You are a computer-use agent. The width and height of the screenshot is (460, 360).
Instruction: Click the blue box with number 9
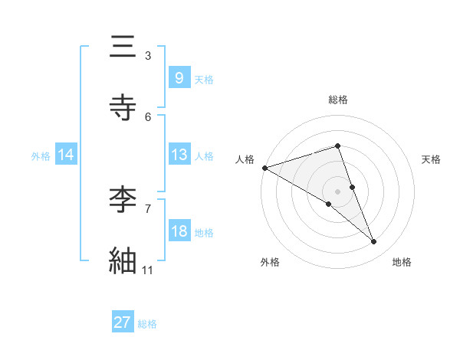[179, 77]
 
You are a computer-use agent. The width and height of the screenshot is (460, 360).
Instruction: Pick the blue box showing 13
[179, 154]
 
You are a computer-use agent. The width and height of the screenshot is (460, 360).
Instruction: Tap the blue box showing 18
[179, 231]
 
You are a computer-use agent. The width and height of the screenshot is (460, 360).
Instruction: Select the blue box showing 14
[66, 155]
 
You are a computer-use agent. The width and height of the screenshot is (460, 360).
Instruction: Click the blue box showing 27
[123, 322]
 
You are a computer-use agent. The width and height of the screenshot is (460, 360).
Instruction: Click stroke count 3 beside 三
[148, 55]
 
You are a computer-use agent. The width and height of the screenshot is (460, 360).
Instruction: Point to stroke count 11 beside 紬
[148, 270]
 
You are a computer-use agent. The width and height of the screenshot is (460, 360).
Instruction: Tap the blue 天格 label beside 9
[204, 79]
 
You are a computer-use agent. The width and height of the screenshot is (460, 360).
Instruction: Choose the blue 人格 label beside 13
[204, 155]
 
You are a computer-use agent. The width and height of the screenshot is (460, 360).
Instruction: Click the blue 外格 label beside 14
[41, 155]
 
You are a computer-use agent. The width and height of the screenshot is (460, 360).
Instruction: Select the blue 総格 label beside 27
[147, 324]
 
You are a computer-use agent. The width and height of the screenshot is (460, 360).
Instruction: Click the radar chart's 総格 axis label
[338, 100]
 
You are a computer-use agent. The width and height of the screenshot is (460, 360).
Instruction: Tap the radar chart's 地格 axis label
[402, 262]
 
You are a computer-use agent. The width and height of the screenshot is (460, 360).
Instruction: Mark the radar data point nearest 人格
[264, 168]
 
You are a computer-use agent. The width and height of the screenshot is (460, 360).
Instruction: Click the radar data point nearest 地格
[374, 242]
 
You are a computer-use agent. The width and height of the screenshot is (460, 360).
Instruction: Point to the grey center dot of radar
[338, 191]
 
